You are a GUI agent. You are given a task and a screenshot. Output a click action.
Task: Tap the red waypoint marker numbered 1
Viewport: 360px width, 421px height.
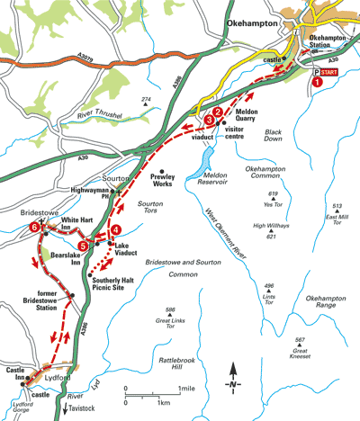pyautogui.click(x=317, y=82)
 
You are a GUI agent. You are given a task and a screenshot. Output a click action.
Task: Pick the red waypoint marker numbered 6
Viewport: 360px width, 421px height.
pyautogui.click(x=34, y=228)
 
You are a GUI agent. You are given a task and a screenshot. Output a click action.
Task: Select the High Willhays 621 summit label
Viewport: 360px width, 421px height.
pyautogui.click(x=271, y=230)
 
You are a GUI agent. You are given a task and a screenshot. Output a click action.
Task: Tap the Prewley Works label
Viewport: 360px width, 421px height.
pyautogui.click(x=166, y=184)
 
